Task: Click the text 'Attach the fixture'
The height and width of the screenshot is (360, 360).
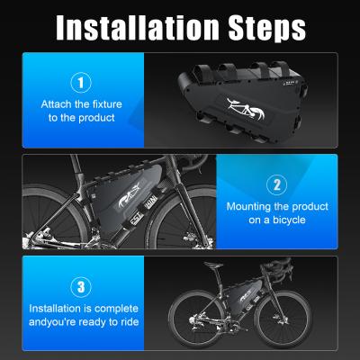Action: (80, 104)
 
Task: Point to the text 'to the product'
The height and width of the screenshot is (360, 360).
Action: (80, 118)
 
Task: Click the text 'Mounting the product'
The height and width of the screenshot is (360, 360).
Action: (277, 206)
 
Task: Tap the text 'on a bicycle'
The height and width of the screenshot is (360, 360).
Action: (277, 220)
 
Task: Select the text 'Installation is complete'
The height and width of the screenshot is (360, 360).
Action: (80, 309)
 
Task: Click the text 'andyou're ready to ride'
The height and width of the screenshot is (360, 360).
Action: (80, 322)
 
